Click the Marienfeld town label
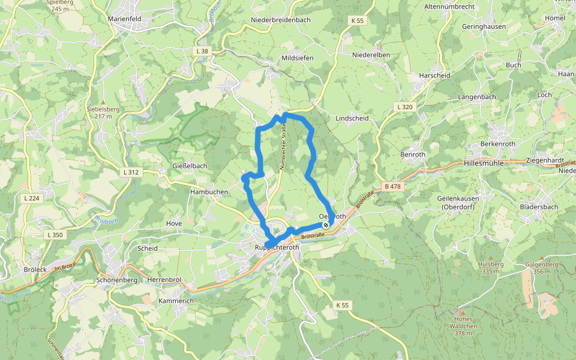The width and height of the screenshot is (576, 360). (124, 19)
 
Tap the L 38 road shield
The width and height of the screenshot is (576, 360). (202, 51)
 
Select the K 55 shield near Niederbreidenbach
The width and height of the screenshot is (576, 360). (357, 20)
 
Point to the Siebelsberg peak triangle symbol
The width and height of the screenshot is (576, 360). (103, 103)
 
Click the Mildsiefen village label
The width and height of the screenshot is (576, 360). (297, 58)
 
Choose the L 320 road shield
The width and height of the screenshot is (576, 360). (405, 107)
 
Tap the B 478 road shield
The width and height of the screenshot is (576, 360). (392, 187)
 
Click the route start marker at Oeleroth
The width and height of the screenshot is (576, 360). (326, 225)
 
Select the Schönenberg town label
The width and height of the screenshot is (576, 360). (117, 280)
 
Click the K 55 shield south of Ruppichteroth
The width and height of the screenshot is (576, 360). (342, 305)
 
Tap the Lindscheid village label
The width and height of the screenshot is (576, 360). (352, 118)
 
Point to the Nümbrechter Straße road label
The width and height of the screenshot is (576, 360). (283, 147)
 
